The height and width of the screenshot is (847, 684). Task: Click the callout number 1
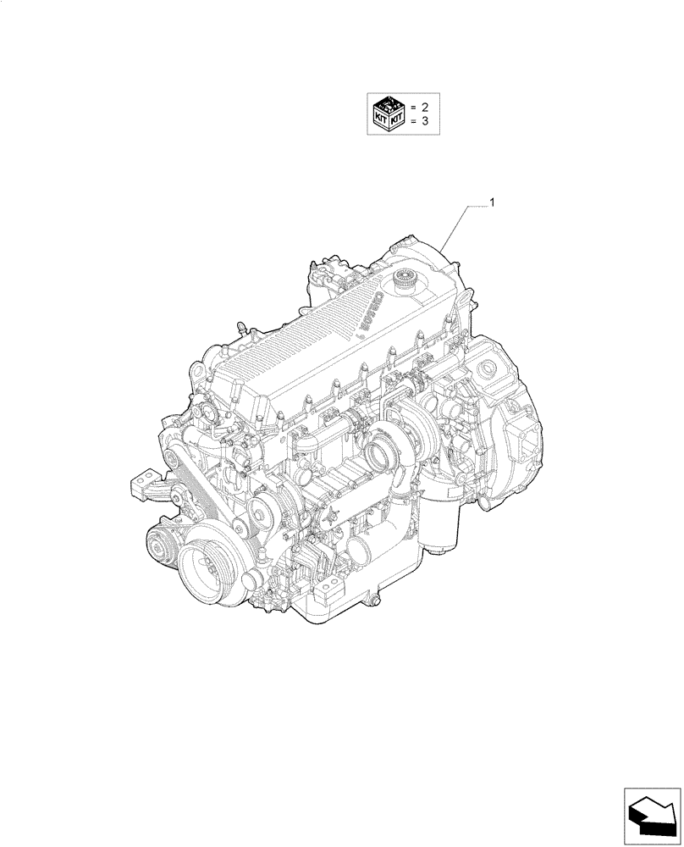(493, 202)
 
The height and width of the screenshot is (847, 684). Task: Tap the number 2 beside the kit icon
(425, 108)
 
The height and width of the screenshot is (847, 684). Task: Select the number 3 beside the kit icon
(425, 124)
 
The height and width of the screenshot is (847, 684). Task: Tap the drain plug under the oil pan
(368, 602)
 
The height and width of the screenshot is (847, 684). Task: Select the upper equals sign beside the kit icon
(413, 108)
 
